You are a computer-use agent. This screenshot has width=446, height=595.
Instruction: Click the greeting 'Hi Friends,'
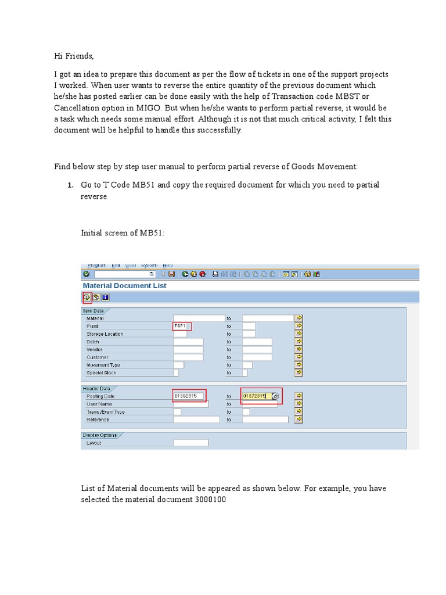click(x=74, y=56)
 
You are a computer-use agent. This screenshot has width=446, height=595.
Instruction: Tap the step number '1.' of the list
click(x=70, y=185)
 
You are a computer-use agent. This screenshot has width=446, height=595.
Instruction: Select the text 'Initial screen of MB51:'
click(x=123, y=233)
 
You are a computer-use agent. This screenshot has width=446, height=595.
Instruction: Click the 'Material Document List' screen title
click(x=124, y=286)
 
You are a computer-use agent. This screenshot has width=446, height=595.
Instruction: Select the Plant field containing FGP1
click(x=182, y=327)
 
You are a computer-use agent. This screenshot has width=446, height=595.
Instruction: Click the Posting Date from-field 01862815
click(x=189, y=396)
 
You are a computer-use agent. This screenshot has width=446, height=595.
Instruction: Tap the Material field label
click(x=96, y=319)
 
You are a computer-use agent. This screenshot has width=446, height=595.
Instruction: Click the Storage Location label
click(x=105, y=334)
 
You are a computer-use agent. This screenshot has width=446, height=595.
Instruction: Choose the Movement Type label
click(x=103, y=365)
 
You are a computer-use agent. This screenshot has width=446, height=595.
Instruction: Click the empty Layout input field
click(x=190, y=443)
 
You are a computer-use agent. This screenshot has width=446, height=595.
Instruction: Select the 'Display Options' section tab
click(x=100, y=435)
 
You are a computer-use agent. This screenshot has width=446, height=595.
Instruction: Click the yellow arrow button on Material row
click(x=298, y=318)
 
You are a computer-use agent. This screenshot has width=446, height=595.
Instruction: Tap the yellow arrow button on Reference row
click(x=298, y=419)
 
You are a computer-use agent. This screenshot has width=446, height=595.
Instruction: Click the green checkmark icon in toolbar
click(x=87, y=274)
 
